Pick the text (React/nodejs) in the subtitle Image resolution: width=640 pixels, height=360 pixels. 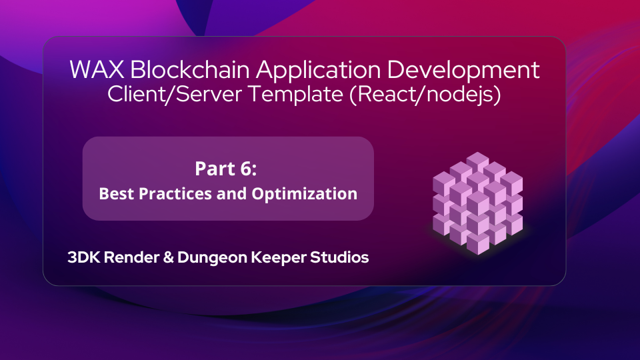[x=424, y=95]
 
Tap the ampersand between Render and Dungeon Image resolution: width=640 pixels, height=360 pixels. [x=163, y=257]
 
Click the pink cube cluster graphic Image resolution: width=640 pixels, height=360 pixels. [x=477, y=202]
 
